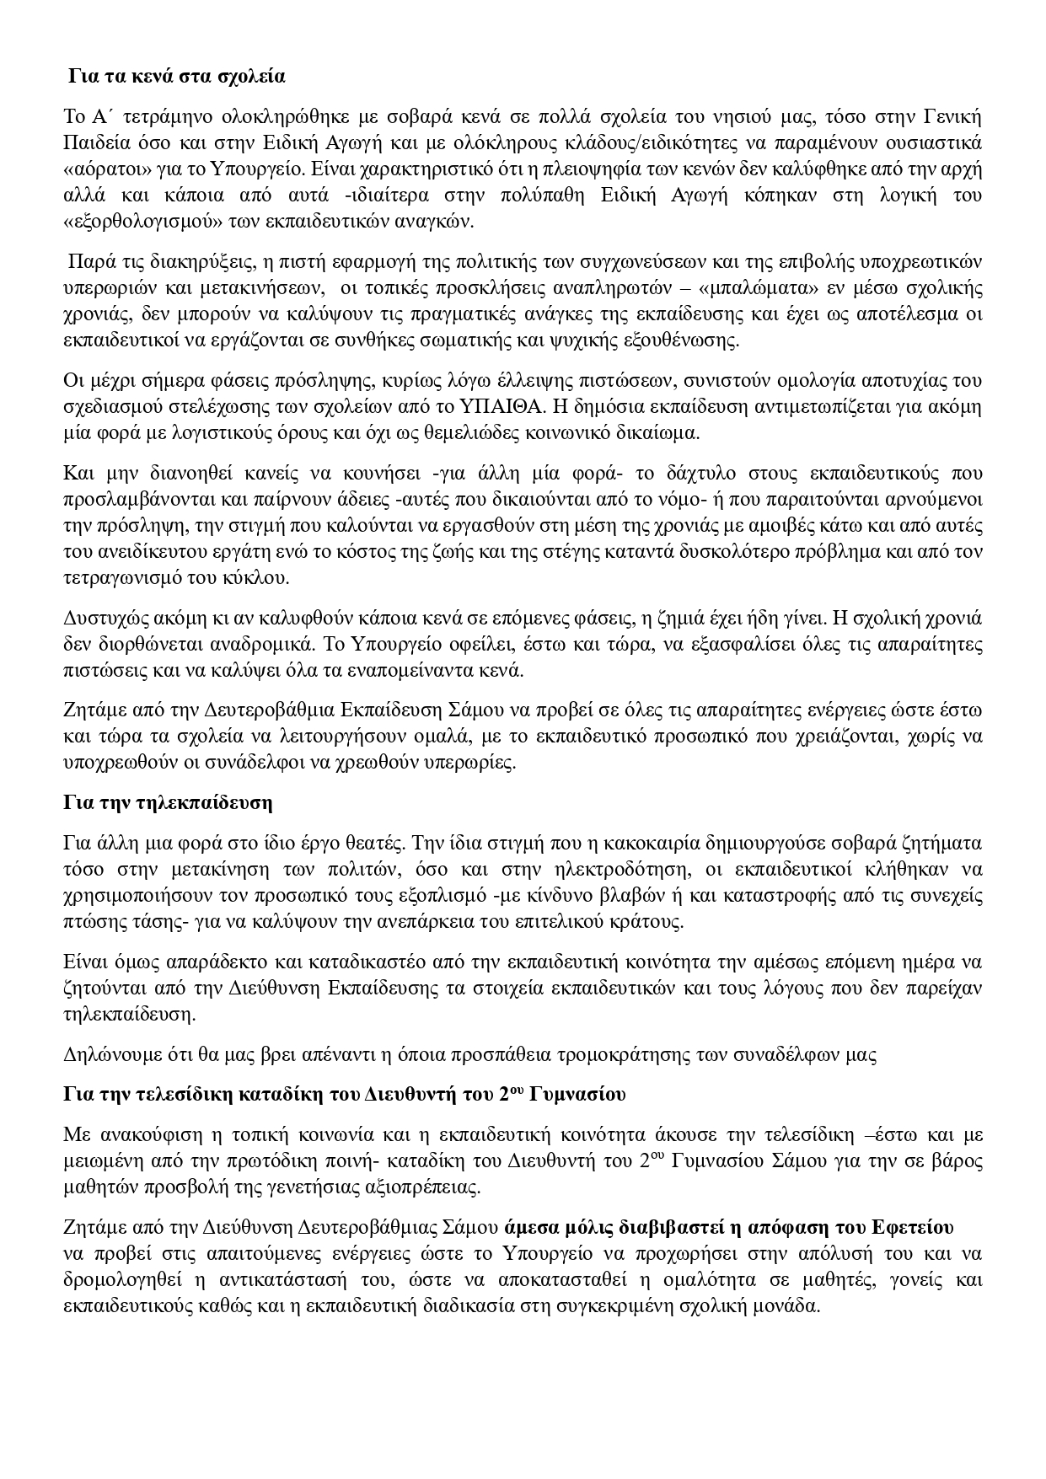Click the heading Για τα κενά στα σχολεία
[x=177, y=77]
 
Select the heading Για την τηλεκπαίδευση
[x=168, y=801]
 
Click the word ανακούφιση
[x=142, y=1134]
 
